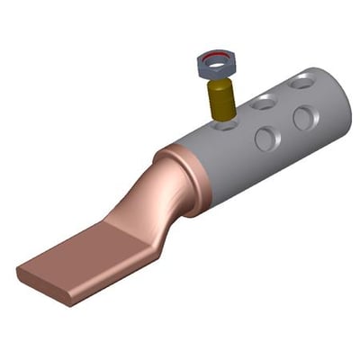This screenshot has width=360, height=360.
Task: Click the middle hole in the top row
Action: click(x=264, y=103)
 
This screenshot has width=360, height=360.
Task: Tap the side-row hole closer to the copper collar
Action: click(x=266, y=138)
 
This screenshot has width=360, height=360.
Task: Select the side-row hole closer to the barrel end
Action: click(x=305, y=117)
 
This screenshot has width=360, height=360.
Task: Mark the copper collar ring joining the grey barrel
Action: click(x=184, y=180)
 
